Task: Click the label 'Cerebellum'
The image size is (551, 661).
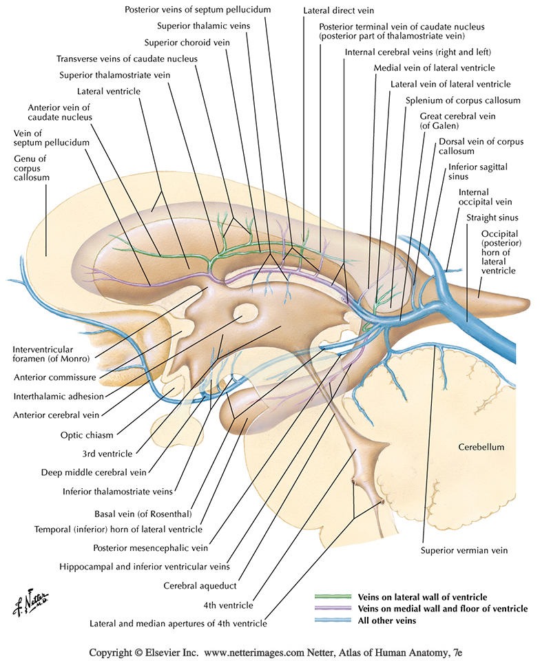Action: click(481, 447)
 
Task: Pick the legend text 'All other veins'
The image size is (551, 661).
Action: click(387, 621)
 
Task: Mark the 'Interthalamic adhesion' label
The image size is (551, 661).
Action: click(59, 396)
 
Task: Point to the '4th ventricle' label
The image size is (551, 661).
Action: click(228, 605)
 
